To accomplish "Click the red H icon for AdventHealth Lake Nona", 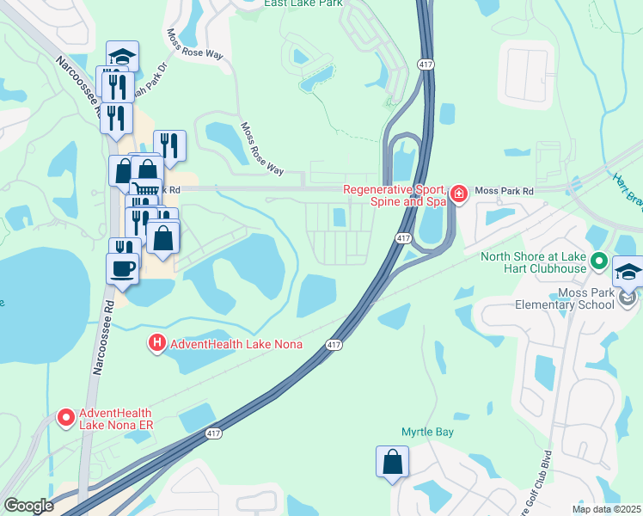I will pyautogui.click(x=156, y=343).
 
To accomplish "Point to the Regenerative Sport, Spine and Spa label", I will pyautogui.click(x=394, y=195).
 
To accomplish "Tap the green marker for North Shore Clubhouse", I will pyautogui.click(x=600, y=261).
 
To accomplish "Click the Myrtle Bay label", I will pyautogui.click(x=427, y=432).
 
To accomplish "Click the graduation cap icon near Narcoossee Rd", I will pyautogui.click(x=122, y=57).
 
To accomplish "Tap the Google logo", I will pyautogui.click(x=28, y=506).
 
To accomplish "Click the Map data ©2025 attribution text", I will pyautogui.click(x=605, y=509).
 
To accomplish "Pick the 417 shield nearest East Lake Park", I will pyautogui.click(x=425, y=64).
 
